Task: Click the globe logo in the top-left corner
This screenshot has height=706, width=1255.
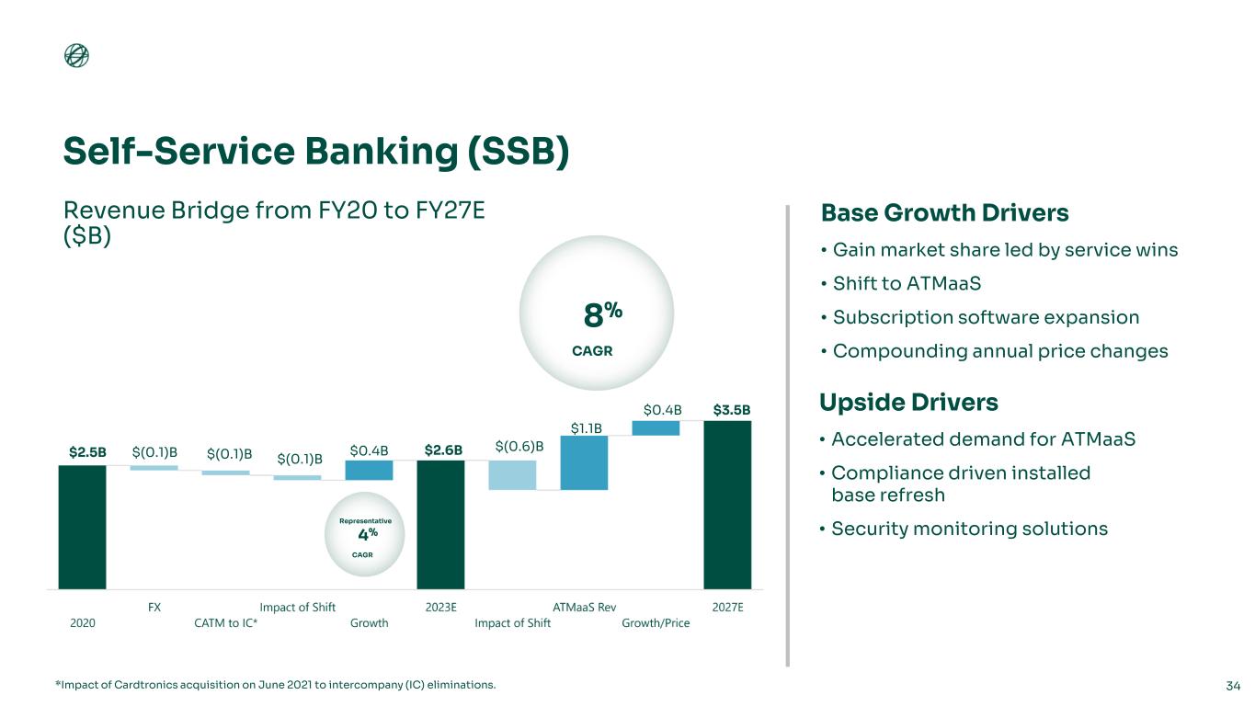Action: coord(76,55)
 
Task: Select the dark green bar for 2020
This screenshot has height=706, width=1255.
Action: coord(83,527)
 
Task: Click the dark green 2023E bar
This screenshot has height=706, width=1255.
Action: coord(441,525)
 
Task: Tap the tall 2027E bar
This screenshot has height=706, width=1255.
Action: coord(728,505)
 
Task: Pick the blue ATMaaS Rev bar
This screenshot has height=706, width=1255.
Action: coord(585,462)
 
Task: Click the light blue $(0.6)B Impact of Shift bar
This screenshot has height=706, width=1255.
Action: coord(513,475)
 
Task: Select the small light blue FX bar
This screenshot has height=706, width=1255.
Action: coord(154,468)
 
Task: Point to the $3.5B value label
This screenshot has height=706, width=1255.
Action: coord(732,410)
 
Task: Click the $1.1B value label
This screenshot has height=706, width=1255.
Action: coord(587,428)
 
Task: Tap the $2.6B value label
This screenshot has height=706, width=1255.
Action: coord(443,450)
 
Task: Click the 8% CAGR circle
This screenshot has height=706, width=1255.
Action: coord(597,313)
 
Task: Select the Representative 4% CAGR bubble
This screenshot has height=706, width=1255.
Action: coord(365,534)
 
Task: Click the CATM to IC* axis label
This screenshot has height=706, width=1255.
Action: coord(226,622)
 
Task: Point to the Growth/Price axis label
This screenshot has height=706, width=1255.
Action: coord(656,622)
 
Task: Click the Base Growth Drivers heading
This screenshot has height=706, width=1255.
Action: coord(944,213)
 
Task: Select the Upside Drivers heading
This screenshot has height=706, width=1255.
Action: coord(908,403)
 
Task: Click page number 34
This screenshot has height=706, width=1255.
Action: coord(1233,685)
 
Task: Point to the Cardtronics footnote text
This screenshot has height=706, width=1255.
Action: coord(276,685)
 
